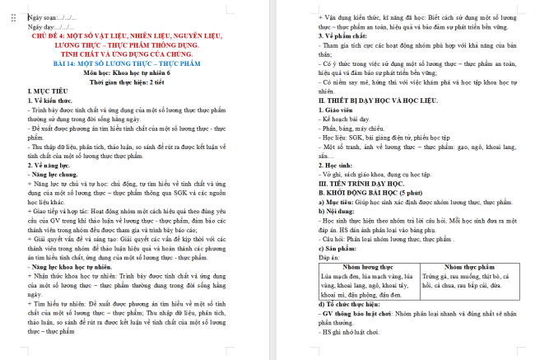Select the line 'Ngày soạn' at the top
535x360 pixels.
tap(53, 16)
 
